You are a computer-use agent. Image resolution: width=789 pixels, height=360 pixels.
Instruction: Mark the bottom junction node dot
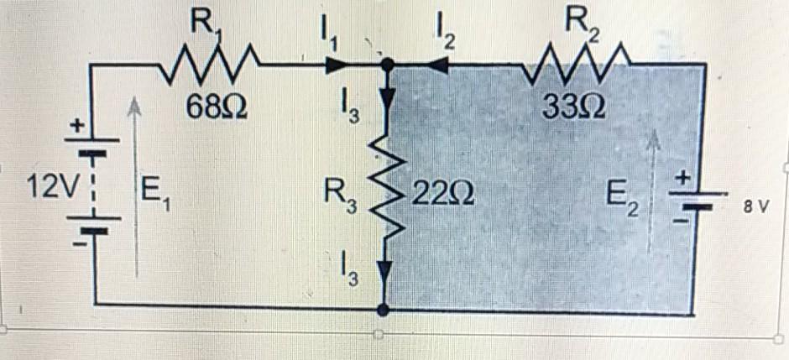pyautogui.click(x=384, y=309)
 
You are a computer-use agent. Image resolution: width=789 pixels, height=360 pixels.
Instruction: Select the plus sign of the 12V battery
pyautogui.click(x=77, y=126)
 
